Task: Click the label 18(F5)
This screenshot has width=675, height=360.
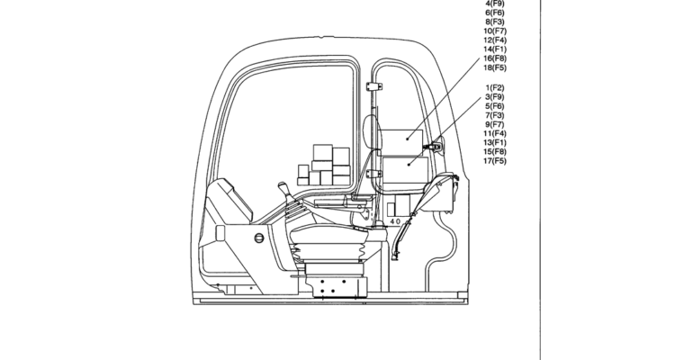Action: click(496, 67)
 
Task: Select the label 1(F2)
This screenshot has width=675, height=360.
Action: click(496, 86)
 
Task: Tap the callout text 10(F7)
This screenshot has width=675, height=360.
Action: click(496, 31)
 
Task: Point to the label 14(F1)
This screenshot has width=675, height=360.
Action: click(496, 49)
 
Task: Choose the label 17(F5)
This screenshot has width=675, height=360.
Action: click(496, 161)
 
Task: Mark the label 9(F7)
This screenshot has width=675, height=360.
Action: click(496, 124)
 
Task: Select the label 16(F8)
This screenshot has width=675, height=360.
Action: click(496, 58)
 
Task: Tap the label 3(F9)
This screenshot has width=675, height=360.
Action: click(496, 96)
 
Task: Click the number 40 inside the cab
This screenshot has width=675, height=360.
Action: click(395, 221)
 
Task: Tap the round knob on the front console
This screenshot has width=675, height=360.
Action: click(258, 238)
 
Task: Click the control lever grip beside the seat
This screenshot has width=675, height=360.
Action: click(283, 190)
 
